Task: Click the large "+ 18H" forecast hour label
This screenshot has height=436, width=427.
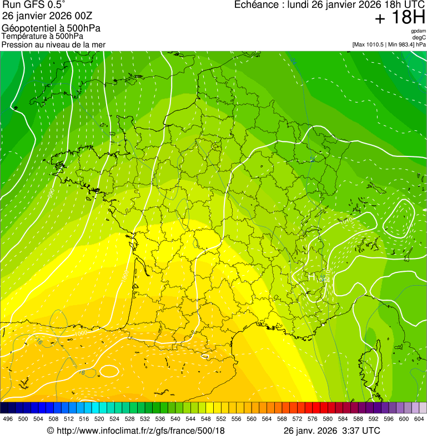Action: point(400,18)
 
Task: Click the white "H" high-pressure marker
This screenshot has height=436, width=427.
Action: point(312,276)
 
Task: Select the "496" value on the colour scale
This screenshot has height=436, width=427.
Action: point(8,419)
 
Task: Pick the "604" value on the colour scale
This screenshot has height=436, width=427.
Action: point(419,419)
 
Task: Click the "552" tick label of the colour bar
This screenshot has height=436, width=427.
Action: point(220,419)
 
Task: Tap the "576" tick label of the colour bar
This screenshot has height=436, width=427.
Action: point(312,419)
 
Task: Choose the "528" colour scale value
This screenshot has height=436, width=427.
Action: point(129,419)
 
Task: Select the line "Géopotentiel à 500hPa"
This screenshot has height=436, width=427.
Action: point(51,28)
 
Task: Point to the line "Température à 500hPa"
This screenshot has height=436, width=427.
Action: point(42,37)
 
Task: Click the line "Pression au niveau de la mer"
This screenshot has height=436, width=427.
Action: point(53,44)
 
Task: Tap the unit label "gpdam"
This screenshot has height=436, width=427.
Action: point(418,31)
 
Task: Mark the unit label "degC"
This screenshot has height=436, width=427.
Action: point(419,38)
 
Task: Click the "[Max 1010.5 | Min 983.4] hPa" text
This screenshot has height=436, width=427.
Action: point(389,44)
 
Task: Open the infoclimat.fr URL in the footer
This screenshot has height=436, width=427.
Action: point(135,430)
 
